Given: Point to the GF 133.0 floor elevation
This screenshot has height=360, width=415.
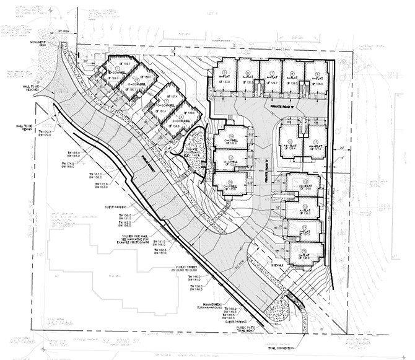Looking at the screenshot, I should [225, 82].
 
